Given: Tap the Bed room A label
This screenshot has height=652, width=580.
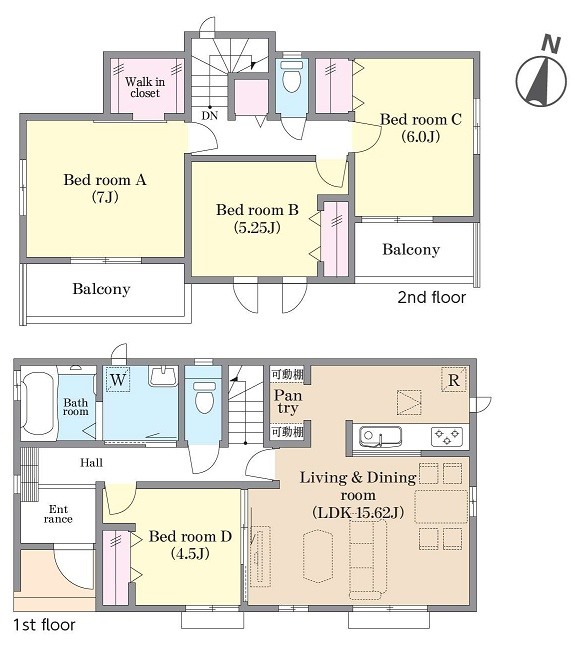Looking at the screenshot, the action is click(x=105, y=188).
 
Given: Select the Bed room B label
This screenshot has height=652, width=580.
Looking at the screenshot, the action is click(x=257, y=218).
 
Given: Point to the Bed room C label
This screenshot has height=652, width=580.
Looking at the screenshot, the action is click(x=421, y=128).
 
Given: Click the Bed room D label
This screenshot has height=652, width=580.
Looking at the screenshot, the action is click(x=190, y=545).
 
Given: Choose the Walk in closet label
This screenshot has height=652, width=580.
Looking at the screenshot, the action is click(x=145, y=87).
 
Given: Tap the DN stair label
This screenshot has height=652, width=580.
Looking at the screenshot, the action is click(x=210, y=116).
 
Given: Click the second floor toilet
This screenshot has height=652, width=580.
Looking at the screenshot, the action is click(x=291, y=76).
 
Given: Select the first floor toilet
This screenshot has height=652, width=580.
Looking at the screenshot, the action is click(x=204, y=397).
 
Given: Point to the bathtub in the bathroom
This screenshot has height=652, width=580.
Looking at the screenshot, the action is click(x=38, y=403).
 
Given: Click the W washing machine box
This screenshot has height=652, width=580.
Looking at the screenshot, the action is click(x=118, y=379).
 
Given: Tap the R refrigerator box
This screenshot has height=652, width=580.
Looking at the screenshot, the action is click(x=454, y=380).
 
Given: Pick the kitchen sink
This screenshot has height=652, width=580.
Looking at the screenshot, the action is click(x=380, y=437).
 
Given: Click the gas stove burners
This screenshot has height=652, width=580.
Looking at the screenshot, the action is click(x=447, y=437).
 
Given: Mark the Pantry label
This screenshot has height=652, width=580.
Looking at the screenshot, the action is click(x=288, y=401).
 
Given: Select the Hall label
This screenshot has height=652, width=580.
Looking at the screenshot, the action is click(x=91, y=462).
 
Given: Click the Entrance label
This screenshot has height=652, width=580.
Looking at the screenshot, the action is click(x=58, y=514).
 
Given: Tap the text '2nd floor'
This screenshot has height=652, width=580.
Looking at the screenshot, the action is click(x=432, y=297).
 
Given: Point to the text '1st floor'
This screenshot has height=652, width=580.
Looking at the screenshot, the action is click(x=44, y=625).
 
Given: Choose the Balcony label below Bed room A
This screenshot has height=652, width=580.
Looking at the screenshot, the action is click(x=101, y=289).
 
